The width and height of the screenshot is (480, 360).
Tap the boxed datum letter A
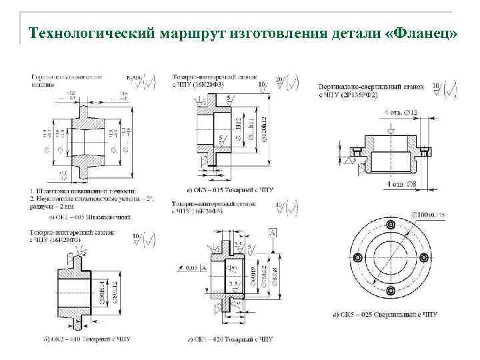pyautogui.click(x=273, y=231)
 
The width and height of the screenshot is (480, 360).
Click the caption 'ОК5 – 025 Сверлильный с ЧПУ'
pyautogui.click(x=390, y=314)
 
